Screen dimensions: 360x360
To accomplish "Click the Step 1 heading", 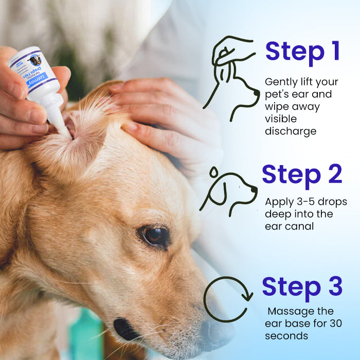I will coord(302,52).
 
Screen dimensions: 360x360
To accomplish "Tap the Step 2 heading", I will coord(302,175).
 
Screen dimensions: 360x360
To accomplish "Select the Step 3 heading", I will coord(302,287).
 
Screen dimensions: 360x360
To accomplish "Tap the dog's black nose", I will coord(124,330).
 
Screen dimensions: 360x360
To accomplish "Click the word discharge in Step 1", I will coord(290,131).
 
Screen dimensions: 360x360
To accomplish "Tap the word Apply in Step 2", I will coord(277,202).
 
